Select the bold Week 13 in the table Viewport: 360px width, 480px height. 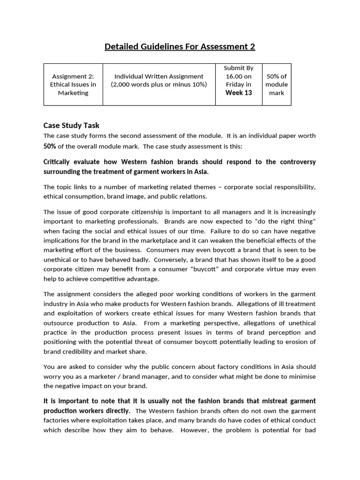[239, 93]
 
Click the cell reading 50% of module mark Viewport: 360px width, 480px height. [277, 84]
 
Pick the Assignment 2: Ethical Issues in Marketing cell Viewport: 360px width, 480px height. [73, 84]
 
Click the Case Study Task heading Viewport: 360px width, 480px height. [71, 125]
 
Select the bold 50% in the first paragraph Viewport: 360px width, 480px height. [50, 146]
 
